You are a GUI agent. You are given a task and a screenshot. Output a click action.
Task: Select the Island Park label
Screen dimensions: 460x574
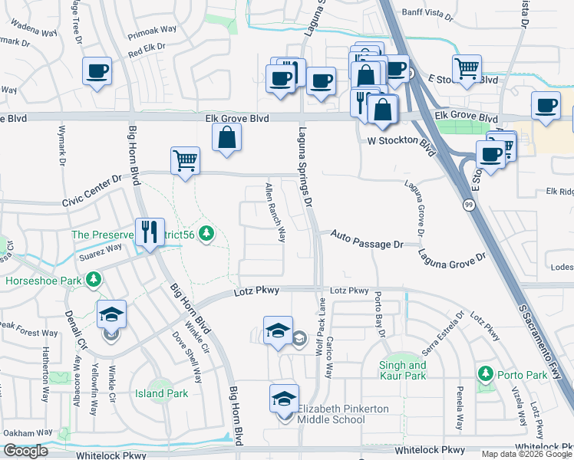(161, 393)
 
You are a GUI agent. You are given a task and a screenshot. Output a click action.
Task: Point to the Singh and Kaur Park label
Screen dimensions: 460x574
(403, 371)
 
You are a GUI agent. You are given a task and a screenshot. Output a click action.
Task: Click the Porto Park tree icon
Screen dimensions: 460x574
(485, 374)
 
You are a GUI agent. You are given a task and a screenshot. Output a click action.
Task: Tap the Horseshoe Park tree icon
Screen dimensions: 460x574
(94, 281)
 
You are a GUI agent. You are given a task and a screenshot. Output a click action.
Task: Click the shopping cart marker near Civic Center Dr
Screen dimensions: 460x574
(185, 161)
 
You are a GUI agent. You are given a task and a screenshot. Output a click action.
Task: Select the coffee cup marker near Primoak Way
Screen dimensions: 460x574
(97, 72)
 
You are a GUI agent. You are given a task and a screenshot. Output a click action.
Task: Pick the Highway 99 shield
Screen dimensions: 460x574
(467, 205)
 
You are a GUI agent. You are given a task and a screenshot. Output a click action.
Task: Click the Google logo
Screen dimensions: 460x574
(25, 451)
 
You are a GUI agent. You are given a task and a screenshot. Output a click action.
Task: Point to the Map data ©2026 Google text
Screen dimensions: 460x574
(526, 454)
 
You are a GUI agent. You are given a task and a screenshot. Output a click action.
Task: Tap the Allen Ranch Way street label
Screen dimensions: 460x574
(275, 212)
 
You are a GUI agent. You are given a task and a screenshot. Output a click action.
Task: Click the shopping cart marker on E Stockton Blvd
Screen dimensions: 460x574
(467, 70)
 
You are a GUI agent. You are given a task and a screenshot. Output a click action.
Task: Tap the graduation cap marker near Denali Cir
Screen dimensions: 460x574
(111, 314)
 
